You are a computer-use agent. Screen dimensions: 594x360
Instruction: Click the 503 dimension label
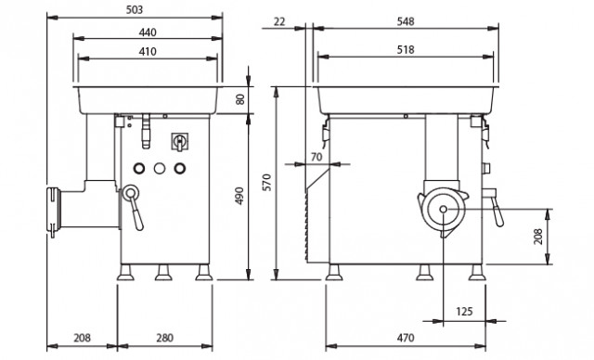tap(135, 10)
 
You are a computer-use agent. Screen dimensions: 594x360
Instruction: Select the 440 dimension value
tap(148, 32)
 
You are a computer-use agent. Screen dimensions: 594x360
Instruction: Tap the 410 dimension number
tap(148, 51)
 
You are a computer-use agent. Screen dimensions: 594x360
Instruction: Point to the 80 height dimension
tap(240, 99)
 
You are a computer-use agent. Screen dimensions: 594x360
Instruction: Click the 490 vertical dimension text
tap(239, 196)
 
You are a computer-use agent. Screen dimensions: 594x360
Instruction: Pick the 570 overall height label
tap(267, 183)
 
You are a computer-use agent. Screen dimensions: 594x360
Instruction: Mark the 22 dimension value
tap(278, 22)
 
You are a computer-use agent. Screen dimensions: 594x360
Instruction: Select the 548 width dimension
tap(406, 22)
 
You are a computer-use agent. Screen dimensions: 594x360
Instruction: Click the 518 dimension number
tap(406, 49)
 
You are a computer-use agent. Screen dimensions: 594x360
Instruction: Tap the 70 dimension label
tap(316, 157)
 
